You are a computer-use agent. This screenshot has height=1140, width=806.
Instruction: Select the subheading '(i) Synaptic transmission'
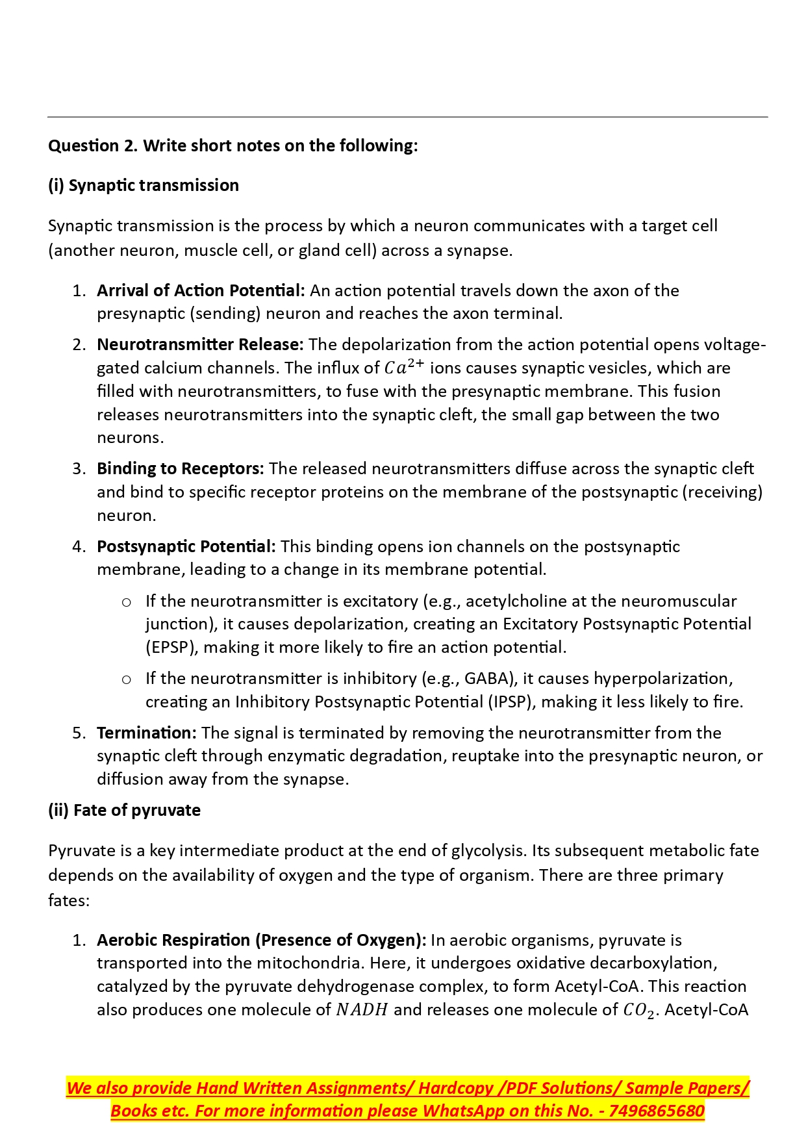[144, 185]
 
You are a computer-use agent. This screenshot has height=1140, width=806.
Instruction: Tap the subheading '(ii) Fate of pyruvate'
[124, 810]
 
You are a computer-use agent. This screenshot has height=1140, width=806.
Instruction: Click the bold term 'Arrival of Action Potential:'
[201, 290]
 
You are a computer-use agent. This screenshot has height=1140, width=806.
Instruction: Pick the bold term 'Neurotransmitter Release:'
[200, 344]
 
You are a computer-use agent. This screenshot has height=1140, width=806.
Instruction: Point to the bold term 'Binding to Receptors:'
[180, 468]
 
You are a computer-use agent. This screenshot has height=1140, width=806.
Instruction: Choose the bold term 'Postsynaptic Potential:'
[186, 546]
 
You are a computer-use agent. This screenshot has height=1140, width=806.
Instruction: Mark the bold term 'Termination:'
[147, 733]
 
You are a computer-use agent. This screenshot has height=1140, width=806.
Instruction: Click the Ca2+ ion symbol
[404, 367]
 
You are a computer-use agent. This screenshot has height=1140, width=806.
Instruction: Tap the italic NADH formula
[362, 1009]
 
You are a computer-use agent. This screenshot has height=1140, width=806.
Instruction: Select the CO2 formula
[638, 1011]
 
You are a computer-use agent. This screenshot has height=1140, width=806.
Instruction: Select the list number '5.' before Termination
[79, 733]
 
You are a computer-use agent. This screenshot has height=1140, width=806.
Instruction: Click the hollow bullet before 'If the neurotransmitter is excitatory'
[127, 602]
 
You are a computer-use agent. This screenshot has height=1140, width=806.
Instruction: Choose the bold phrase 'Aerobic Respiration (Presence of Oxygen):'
[261, 940]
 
